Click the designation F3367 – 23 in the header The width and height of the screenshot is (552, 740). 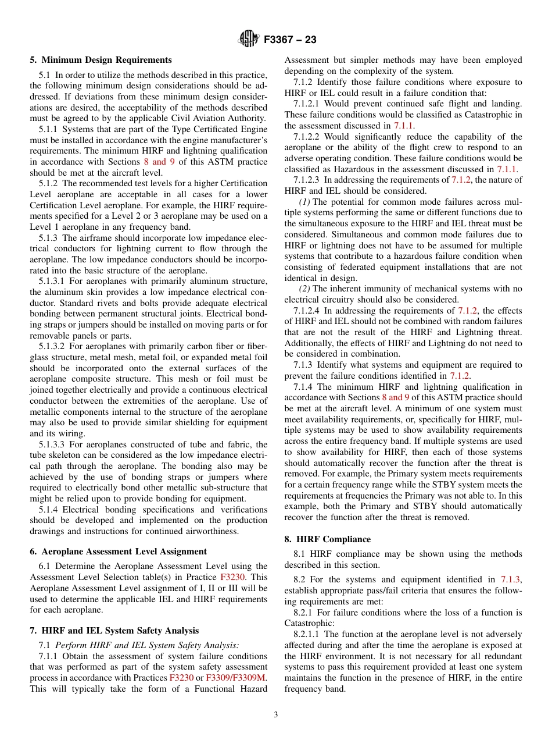pyautogui.click(x=290, y=40)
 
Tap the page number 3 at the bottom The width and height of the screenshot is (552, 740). pyautogui.click(x=276, y=715)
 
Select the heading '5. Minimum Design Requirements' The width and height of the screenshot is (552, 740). pyautogui.click(x=101, y=60)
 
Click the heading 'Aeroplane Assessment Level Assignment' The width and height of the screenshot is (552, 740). pyautogui.click(x=124, y=552)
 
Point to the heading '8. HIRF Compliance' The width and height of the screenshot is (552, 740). pyautogui.click(x=327, y=539)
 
